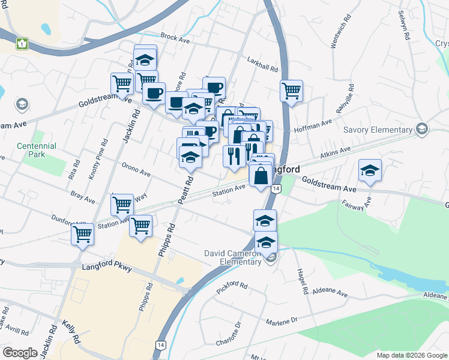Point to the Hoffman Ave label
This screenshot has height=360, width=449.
coord(312,125)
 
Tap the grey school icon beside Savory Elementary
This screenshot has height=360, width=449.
coord(421,130)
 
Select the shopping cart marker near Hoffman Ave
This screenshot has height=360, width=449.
coord(292,92)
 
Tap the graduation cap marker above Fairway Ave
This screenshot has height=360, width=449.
coord(370,171)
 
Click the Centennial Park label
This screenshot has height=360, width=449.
coord(37,150)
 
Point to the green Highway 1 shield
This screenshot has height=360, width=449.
coord(22,44)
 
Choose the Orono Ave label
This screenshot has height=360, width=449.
coord(136,169)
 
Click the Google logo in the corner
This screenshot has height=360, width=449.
coord(19,353)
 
